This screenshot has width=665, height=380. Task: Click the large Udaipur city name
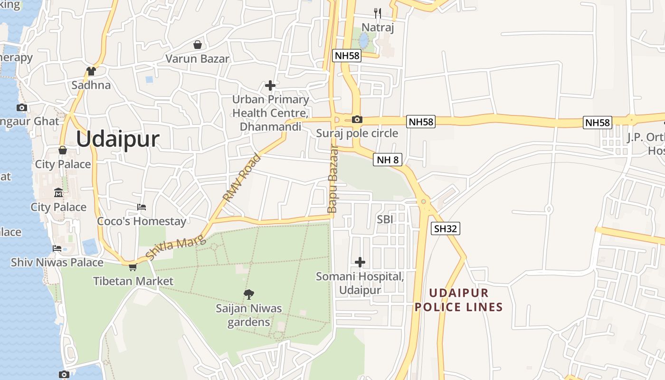click(117, 140)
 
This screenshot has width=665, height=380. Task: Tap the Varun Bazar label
click(197, 59)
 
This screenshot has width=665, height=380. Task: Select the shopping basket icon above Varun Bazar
click(197, 45)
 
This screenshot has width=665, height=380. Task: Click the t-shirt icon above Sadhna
click(91, 71)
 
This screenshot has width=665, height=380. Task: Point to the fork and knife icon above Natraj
click(378, 13)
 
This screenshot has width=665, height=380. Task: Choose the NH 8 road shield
click(388, 160)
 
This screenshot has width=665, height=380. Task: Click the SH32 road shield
click(446, 228)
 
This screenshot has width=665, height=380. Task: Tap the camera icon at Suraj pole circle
click(357, 119)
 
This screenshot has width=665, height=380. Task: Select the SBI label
click(385, 219)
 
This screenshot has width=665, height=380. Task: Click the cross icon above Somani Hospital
click(360, 262)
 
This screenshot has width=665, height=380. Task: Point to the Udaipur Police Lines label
click(458, 300)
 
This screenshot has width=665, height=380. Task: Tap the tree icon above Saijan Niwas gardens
click(248, 294)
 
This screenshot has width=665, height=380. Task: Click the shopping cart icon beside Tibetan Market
click(133, 267)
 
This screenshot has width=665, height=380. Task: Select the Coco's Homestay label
click(142, 221)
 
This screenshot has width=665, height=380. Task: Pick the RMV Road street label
click(242, 177)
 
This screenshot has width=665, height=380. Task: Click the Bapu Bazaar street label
click(332, 179)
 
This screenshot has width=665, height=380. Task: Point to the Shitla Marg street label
click(176, 248)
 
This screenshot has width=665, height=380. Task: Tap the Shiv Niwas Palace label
click(57, 262)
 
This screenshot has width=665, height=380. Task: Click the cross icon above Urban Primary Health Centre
click(270, 85)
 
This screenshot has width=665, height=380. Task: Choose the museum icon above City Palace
click(58, 192)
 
